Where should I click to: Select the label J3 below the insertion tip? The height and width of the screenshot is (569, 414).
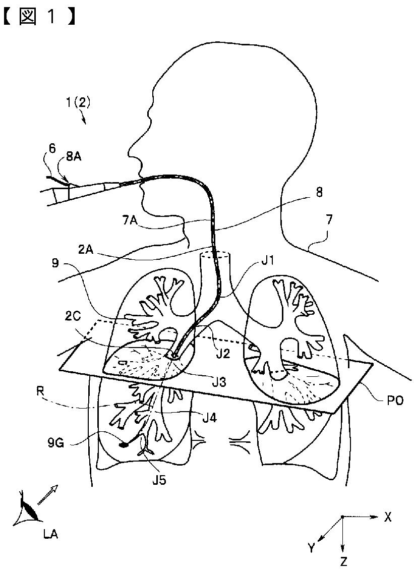pos(219,382)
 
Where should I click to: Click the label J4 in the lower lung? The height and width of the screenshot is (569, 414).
pos(209,416)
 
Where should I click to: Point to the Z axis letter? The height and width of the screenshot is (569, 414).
pos(343,560)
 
